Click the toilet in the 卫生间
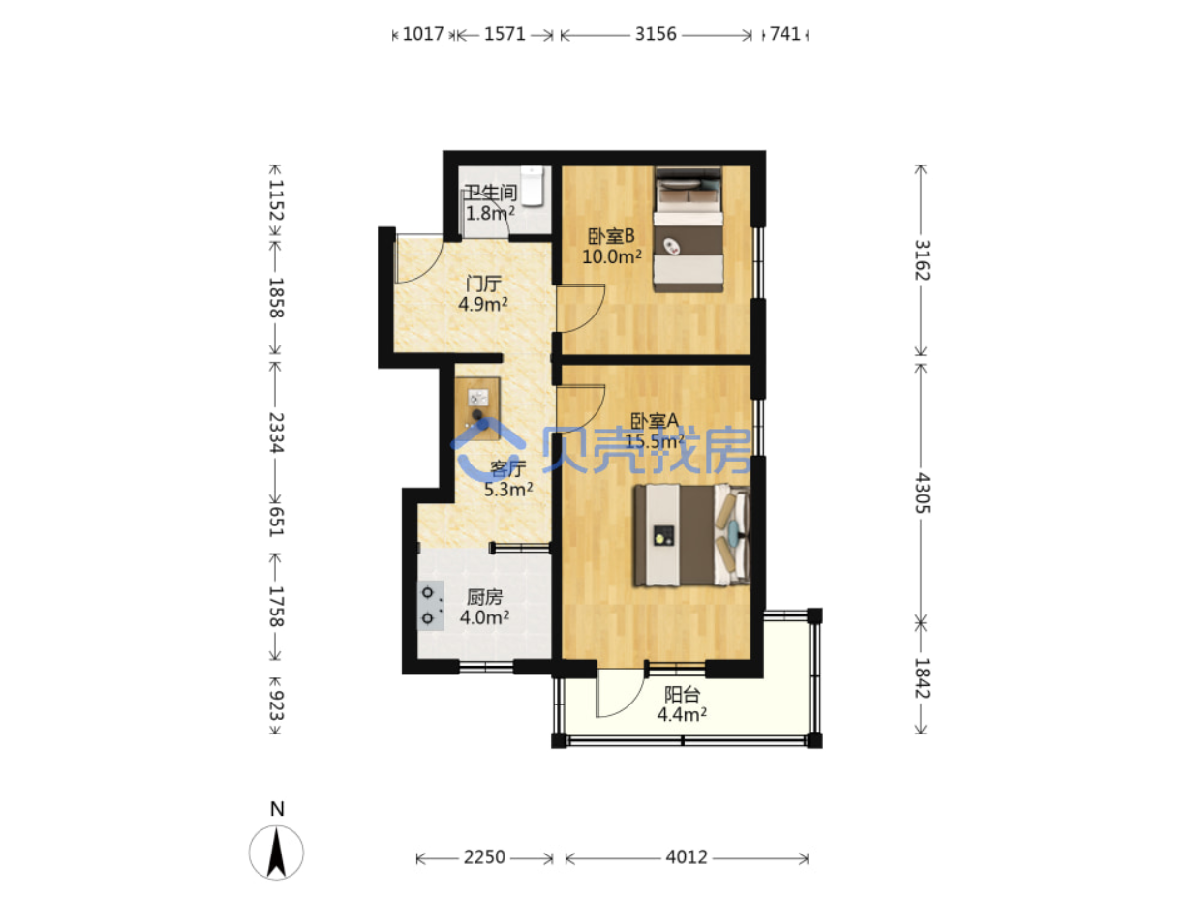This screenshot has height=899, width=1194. point(532,186)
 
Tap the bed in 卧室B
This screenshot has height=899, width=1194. point(688,228)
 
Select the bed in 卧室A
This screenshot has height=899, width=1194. point(690,535)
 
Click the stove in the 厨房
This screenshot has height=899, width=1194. point(430,605)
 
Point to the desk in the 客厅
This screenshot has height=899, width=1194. point(477,408)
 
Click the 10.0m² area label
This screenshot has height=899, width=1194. point(611,256)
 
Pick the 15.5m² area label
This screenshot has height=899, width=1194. point(654,441)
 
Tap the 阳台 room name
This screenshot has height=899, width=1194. point(682,694)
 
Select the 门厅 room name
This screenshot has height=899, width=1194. point(483,284)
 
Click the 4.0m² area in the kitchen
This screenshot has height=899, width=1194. point(484,617)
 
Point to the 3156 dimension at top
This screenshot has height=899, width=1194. point(656,34)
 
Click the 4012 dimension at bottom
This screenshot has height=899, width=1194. point(687,857)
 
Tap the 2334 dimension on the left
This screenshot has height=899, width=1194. point(276,433)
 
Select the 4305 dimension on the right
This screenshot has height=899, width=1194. point(922,493)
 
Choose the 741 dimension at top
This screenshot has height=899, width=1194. point(785,34)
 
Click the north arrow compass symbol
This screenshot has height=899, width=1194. point(276,853)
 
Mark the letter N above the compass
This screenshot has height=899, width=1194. point(277,809)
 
